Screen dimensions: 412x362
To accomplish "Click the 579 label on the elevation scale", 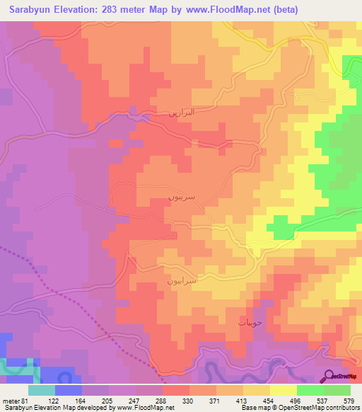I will pos(349,400).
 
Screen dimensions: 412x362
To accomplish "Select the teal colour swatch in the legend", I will pos(42,389).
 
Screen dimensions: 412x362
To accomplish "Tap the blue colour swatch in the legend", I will pos(69,389).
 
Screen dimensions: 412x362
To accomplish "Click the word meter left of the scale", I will pos(12,400).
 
